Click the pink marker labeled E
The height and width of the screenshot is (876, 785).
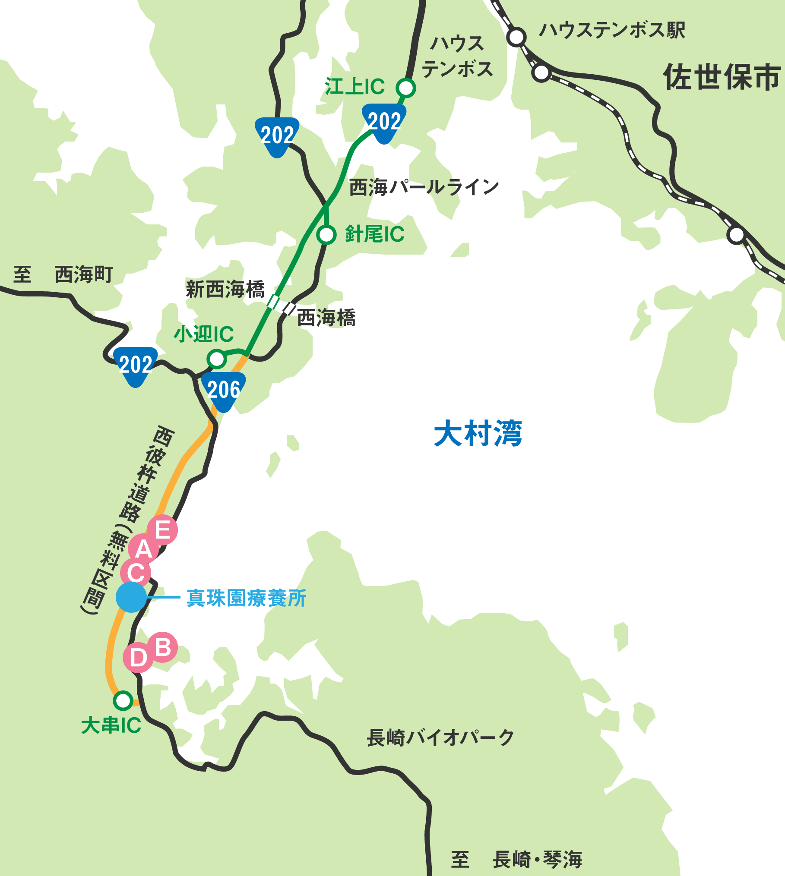coord(162,529)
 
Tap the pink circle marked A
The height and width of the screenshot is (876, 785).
coord(143,549)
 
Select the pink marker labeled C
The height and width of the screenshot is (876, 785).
coord(136,573)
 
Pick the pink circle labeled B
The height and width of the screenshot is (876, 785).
coord(163,647)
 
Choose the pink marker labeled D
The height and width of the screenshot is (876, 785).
coord(138,658)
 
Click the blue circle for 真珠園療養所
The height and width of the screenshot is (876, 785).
coord(131,597)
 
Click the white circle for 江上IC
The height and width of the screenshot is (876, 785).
coord(406,88)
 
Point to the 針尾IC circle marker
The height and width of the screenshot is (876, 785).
coord(326,235)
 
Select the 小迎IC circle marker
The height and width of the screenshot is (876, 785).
coord(217,359)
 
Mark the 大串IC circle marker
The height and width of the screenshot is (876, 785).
coord(123,700)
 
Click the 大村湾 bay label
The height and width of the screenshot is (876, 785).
coord(478,433)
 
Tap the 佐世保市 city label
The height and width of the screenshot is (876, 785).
coord(722,77)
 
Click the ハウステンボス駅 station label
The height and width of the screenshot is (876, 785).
coord(612,30)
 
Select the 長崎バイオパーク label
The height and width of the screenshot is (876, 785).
coord(440,737)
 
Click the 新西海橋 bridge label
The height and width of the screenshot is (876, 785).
coord(225,289)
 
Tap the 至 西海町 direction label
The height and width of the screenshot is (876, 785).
coord(63,275)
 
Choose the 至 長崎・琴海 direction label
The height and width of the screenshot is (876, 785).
coord(516,859)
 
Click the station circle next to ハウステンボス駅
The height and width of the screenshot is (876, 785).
coord(516,37)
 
